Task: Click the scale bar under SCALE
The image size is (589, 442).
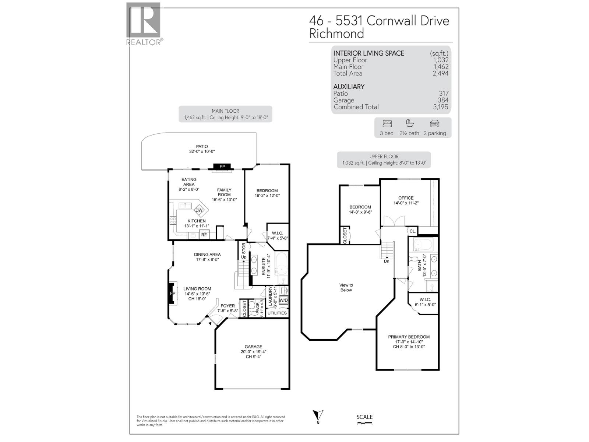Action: (x=364, y=424)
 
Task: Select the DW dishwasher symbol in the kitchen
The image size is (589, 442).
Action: (x=199, y=210)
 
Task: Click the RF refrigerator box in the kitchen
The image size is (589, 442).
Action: (x=204, y=235)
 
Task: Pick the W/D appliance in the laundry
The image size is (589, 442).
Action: (x=283, y=300)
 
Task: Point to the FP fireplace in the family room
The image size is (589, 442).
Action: (x=222, y=167)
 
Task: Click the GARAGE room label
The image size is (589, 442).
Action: (x=253, y=347)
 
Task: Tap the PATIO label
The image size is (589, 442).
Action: (x=202, y=146)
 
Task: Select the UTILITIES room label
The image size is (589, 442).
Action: (x=277, y=313)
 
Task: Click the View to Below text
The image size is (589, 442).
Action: (x=346, y=287)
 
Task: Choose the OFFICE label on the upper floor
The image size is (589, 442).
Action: (x=406, y=198)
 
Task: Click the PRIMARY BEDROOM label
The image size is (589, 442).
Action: (x=409, y=337)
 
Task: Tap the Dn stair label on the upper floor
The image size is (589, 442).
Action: (x=387, y=261)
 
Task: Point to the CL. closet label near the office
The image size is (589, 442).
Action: (x=412, y=231)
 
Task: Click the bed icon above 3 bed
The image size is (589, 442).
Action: (x=387, y=123)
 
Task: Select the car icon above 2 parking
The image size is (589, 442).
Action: (x=434, y=123)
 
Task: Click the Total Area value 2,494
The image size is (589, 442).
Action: (x=441, y=73)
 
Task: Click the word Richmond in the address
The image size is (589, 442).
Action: (x=336, y=34)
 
